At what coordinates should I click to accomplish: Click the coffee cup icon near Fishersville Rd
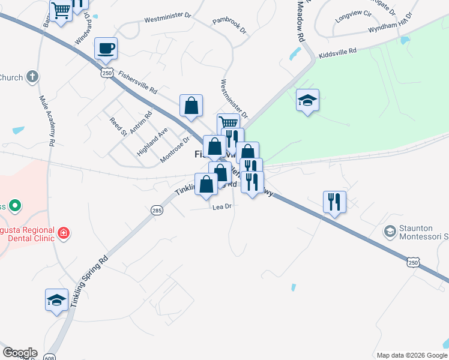click(x=106, y=48)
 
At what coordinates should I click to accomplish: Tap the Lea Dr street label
click(x=221, y=206)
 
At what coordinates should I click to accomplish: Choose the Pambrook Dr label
click(x=229, y=28)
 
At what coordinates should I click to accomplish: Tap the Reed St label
click(x=116, y=126)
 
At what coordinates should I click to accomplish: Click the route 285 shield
click(x=157, y=210)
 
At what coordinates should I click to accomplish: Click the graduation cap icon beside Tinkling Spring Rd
click(x=56, y=300)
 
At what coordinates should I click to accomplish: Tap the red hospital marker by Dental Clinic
click(x=64, y=232)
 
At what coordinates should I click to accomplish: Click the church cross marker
click(x=32, y=77)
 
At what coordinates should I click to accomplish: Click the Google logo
click(x=20, y=352)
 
